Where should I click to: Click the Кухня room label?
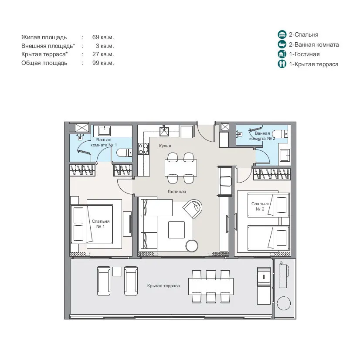(165, 146)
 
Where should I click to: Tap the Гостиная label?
(177, 191)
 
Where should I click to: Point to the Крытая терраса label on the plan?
(163, 286)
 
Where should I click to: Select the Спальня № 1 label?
(101, 224)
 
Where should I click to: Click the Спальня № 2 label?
(260, 207)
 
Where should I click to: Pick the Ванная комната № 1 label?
(104, 143)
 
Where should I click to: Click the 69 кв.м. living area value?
(103, 37)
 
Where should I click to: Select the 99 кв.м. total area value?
(103, 63)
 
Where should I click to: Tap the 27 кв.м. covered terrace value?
(103, 54)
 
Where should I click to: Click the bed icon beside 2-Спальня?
(282, 34)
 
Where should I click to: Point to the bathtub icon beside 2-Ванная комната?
(282, 44)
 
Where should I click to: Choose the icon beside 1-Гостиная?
(282, 54)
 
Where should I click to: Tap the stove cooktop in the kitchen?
(143, 149)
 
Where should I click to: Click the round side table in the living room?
(192, 246)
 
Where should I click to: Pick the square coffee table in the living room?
(177, 230)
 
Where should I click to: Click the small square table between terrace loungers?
(117, 272)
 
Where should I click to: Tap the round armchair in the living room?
(193, 208)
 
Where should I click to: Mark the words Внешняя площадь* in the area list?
(48, 46)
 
